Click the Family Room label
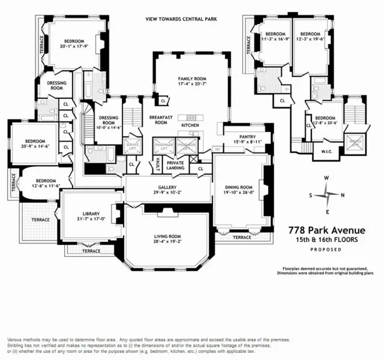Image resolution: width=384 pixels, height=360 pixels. click(x=191, y=79)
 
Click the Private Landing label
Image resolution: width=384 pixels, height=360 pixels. click(x=175, y=165)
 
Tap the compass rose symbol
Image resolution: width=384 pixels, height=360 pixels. click(x=326, y=196)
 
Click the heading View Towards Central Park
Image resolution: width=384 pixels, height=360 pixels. click(x=181, y=19)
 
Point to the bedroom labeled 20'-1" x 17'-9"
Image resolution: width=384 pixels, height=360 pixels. click(x=74, y=46)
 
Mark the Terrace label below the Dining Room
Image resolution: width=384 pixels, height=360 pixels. click(x=242, y=238)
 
